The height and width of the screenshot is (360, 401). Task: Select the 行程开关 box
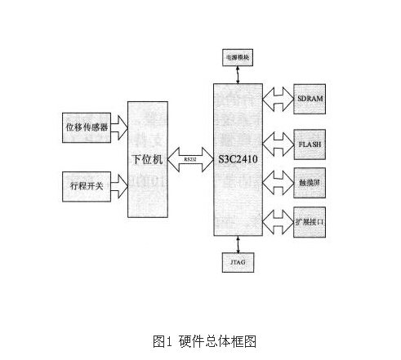point(85,187)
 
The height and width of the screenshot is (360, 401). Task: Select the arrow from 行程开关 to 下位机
point(119,187)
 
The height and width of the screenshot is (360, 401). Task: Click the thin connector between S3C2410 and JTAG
point(237,245)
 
